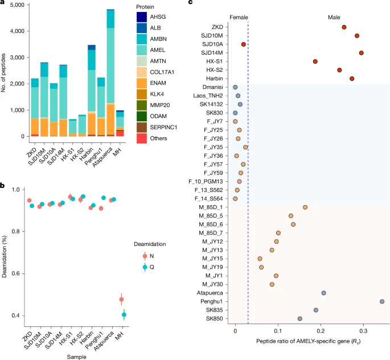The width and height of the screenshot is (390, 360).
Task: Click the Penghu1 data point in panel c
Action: point(382,301)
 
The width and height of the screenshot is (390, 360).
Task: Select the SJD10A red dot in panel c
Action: point(244,44)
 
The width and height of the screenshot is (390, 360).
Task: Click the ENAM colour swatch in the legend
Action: point(142,83)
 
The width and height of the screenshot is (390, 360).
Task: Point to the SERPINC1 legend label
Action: point(163,128)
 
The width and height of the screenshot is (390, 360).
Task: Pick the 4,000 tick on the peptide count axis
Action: point(17,31)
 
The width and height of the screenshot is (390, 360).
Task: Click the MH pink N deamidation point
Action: point(121,299)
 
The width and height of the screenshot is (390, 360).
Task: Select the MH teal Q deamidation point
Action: point(124,315)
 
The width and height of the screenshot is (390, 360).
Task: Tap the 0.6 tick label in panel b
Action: point(16,273)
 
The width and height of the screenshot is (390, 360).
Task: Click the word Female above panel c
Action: point(239,18)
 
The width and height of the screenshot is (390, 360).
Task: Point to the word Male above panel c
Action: point(334,18)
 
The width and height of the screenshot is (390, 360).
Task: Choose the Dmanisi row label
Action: point(213,87)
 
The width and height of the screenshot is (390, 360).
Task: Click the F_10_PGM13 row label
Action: point(206,182)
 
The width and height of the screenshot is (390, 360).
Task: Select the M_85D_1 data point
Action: point(305,207)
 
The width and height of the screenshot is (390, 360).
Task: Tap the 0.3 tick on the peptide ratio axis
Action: point(363,331)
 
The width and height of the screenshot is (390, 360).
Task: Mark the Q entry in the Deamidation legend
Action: point(148,267)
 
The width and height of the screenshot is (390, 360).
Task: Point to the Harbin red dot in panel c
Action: point(352,79)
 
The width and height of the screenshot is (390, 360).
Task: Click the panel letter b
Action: point(2,186)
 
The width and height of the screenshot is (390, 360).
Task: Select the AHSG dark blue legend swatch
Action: point(142,17)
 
